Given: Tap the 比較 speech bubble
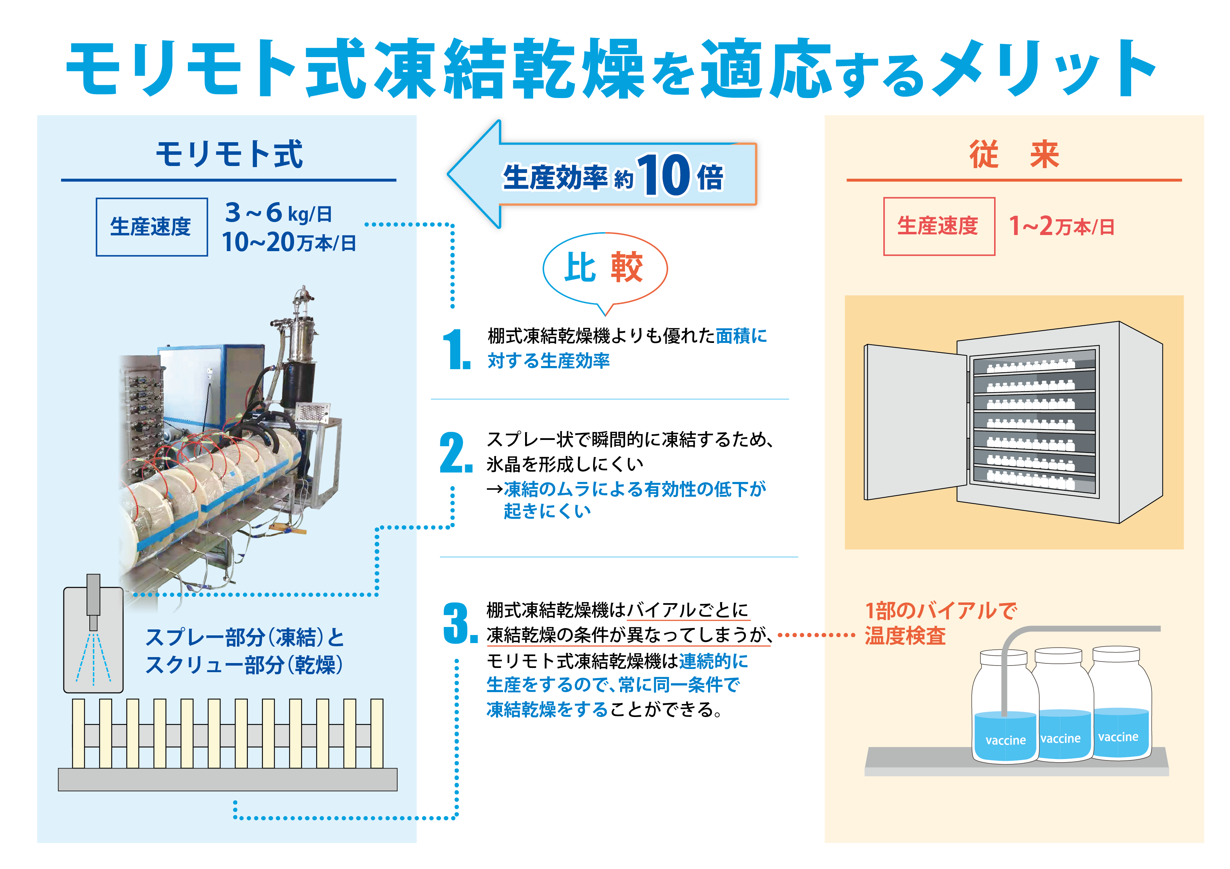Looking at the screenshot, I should pos(605,268).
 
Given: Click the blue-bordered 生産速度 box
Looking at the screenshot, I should pos(152,227).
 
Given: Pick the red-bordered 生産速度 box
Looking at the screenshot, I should pos(939,227).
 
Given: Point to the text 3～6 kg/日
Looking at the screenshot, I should pos(279,213).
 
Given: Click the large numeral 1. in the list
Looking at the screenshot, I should pos(456,350).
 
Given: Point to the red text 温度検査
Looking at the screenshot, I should pos(905,636).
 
